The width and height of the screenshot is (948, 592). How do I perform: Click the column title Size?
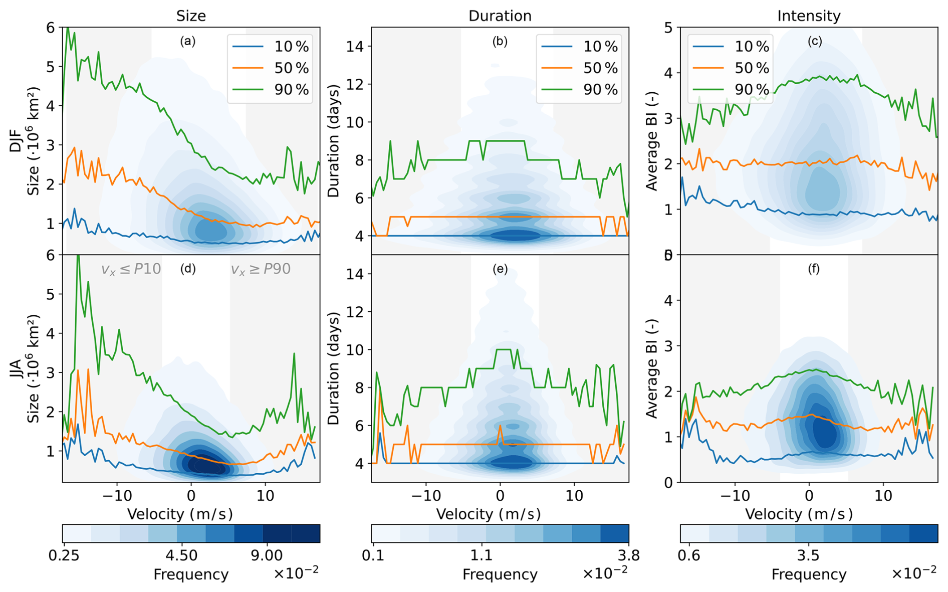pos(191,16)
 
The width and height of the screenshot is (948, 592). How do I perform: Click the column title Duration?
pos(500,16)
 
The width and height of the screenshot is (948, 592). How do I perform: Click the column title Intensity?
pos(809,16)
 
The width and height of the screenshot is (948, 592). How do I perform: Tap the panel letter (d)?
pos(188,269)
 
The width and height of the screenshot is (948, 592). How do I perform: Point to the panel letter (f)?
pos(813,269)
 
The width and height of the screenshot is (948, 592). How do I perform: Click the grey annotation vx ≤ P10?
pos(131,269)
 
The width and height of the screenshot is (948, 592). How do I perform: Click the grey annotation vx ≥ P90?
pos(261,269)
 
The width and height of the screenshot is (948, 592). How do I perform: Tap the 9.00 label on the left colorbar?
pos(267,555)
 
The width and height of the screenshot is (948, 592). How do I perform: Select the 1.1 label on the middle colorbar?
pos(482,555)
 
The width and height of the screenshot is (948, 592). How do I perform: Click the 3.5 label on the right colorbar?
pos(808,555)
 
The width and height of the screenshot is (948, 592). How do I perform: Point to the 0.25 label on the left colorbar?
pos(64,555)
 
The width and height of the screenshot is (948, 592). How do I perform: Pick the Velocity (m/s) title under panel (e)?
pos(489,514)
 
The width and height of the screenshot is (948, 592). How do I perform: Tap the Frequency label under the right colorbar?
pos(809,574)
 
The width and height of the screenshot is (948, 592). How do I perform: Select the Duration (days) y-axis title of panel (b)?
pos(334,141)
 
